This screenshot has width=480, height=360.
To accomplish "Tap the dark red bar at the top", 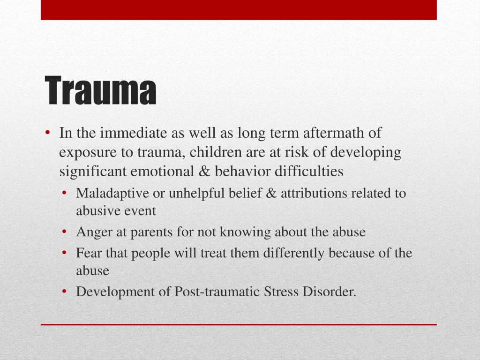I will [x=239, y=10].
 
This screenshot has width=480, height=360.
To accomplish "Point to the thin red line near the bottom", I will [x=239, y=324].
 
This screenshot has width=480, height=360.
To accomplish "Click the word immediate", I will [x=128, y=133].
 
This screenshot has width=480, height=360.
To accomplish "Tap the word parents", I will [x=150, y=232].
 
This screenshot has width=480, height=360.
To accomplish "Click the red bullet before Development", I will [x=66, y=292].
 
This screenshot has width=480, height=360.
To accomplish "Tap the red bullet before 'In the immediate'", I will [x=48, y=134].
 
